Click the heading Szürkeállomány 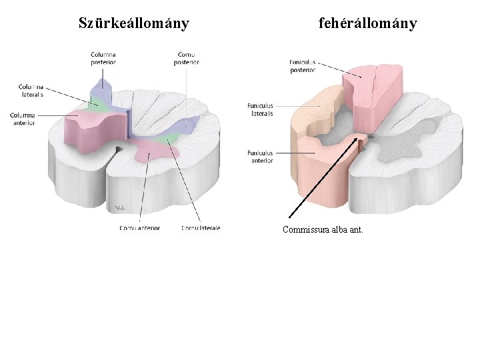pos(133,24)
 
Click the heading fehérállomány pos(367,24)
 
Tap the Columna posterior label pos(103,58)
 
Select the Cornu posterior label pos(187,58)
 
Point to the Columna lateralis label pos(31,91)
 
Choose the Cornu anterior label pos(140,228)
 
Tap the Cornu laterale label pos(201,228)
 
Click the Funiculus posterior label pos(303,65)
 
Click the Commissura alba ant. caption pos(323,231)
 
